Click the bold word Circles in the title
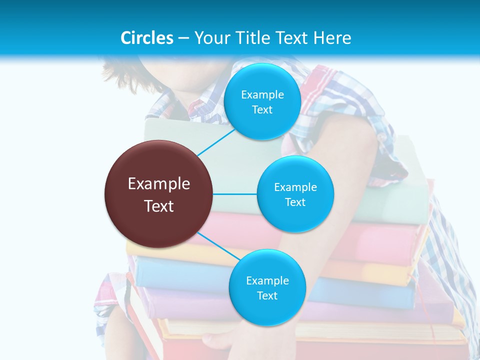tap(147, 38)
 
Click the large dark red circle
tap(159, 194)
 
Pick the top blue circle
tap(262, 101)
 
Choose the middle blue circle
tap(295, 194)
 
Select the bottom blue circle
tap(267, 288)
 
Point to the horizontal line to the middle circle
tap(235, 194)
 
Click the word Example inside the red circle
tap(159, 184)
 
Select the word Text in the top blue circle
tap(262, 110)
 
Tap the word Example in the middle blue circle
tap(295, 187)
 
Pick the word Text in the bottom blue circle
tap(267, 296)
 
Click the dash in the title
tap(183, 38)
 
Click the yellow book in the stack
tap(390, 272)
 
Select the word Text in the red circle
tap(159, 206)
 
